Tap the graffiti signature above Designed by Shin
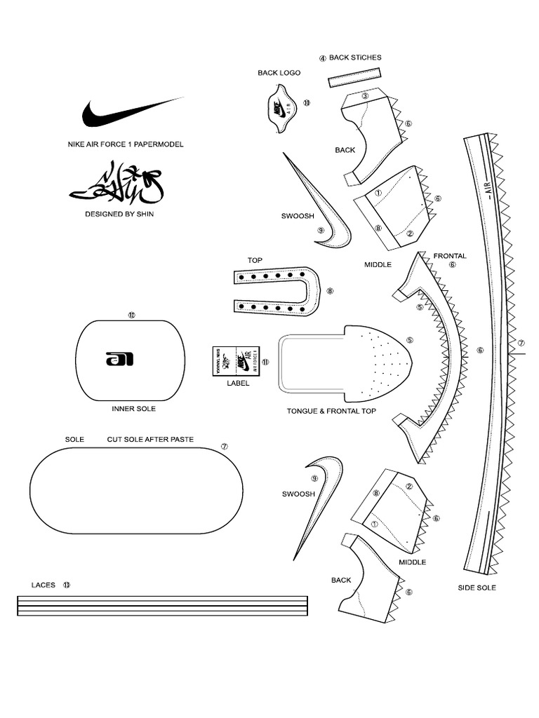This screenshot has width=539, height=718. (x=116, y=184)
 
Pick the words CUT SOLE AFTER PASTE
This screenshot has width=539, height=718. (x=150, y=440)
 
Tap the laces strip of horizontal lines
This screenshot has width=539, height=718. (x=161, y=606)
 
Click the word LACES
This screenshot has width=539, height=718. (x=43, y=584)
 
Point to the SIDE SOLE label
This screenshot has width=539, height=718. (x=477, y=588)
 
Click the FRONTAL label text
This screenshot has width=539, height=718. (x=449, y=256)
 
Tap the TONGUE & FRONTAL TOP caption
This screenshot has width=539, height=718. (x=331, y=412)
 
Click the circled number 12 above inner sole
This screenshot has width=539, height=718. (x=131, y=315)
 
